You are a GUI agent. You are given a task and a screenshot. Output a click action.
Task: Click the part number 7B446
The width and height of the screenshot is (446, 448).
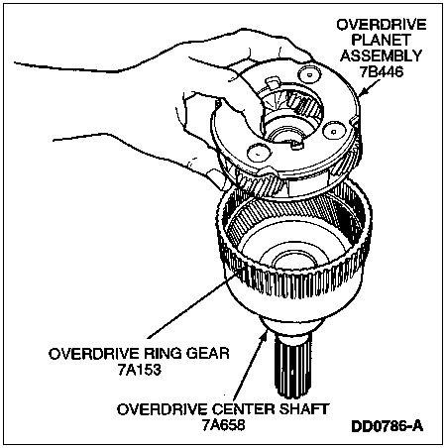click(382, 71)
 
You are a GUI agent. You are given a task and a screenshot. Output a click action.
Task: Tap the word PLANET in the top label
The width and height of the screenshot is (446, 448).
click(381, 41)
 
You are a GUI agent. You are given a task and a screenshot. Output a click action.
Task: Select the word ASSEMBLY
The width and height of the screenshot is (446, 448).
click(382, 56)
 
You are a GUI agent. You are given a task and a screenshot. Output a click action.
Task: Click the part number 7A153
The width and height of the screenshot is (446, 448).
click(140, 370)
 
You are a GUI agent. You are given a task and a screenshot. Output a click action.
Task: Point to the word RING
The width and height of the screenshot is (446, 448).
click(164, 354)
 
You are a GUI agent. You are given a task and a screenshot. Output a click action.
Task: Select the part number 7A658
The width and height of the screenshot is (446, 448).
click(224, 425)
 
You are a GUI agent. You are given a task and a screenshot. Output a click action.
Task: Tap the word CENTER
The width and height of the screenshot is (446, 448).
click(243, 409)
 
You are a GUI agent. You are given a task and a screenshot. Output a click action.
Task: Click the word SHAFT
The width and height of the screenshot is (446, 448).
click(303, 409)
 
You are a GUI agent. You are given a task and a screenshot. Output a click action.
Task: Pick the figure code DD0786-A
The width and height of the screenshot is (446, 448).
click(387, 426)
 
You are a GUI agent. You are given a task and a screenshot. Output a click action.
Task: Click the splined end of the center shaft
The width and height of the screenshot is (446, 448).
click(292, 366)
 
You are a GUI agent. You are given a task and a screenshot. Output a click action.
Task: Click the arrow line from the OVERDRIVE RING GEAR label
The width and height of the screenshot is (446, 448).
click(192, 305)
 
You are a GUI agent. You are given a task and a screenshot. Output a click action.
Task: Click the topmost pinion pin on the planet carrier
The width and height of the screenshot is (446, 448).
click(309, 74)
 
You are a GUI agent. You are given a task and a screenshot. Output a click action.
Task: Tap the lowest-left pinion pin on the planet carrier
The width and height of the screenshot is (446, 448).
click(259, 154)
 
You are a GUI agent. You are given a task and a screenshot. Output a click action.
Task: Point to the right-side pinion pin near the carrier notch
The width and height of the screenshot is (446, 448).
click(334, 132)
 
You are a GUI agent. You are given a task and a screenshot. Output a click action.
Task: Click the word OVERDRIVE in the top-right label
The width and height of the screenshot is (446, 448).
click(382, 25)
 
